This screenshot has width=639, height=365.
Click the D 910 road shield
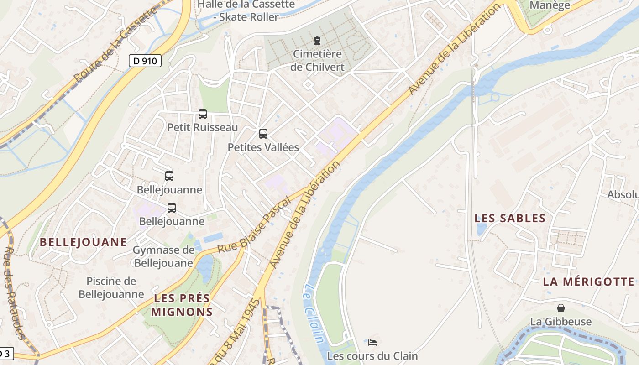[x=145, y=61]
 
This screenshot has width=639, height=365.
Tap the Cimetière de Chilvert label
[x=317, y=60]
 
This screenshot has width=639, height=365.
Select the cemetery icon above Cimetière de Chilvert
[x=317, y=41]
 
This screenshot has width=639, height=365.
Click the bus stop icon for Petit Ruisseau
[x=203, y=114]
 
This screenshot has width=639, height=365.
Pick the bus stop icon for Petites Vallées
[x=263, y=134]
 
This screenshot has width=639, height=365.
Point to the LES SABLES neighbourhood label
[x=510, y=219]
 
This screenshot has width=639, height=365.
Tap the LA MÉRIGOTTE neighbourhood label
[x=588, y=282]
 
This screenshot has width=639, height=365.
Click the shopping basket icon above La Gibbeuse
[x=560, y=308]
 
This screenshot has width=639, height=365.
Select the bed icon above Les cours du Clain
[x=372, y=342]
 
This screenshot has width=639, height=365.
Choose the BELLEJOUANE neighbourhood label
[x=83, y=242]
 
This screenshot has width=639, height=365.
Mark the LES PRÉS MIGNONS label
[x=182, y=305]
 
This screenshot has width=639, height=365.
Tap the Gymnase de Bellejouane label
[x=163, y=256]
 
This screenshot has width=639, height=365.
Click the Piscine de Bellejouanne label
[x=111, y=287]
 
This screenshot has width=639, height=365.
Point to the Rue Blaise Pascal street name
[x=254, y=225]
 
